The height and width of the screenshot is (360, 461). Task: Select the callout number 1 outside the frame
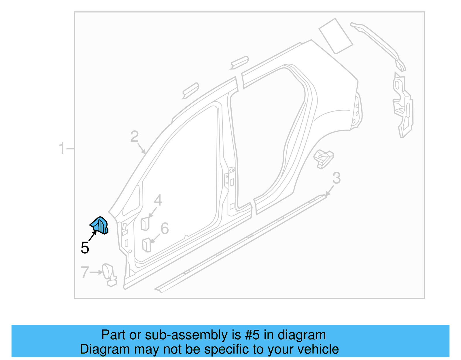[x=62, y=148]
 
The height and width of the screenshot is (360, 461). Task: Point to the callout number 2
[x=134, y=136]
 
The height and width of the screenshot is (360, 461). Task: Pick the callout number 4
[x=158, y=200]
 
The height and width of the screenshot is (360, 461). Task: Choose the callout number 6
[x=165, y=228]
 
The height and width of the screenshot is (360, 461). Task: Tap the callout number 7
[x=84, y=272]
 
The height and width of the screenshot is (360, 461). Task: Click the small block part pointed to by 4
[x=145, y=224]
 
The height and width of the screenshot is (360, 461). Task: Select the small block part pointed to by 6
[x=146, y=245]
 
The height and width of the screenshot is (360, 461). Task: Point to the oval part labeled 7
[x=108, y=272]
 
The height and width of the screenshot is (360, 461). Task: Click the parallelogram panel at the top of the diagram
[x=336, y=36]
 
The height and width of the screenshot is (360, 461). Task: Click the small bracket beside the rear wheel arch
[x=324, y=158]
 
